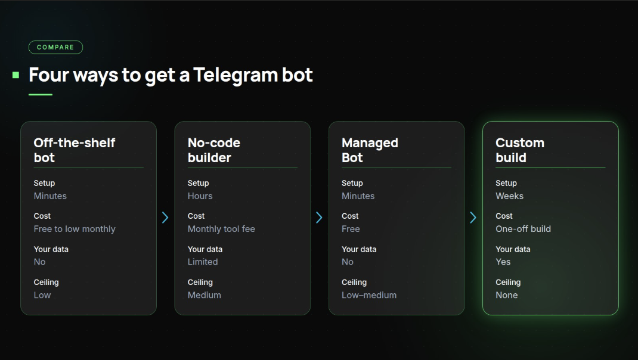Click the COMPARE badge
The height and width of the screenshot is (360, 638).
55,47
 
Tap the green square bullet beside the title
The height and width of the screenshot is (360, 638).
16,75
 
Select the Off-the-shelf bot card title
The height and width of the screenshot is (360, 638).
75,150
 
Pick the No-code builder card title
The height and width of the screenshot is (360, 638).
214,150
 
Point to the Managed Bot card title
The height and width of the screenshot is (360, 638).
370,150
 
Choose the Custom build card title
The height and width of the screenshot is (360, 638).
520,150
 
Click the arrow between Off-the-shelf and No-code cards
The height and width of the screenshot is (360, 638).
165,218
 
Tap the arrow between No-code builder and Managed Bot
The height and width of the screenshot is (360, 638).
319,218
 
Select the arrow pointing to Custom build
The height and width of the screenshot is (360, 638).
473,218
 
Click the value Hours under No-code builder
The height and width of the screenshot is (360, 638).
200,196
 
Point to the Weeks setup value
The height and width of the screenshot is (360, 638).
509,196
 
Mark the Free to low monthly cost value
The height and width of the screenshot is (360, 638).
75,229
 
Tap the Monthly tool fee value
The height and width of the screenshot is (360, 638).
221,229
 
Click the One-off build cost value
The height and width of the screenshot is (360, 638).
524,229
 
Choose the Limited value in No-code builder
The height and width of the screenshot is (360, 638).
203,262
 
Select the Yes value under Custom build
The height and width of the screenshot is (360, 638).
503,262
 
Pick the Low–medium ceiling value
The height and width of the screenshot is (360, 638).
369,295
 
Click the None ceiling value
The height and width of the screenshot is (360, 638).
507,295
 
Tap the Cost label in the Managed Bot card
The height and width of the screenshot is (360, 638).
350,216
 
